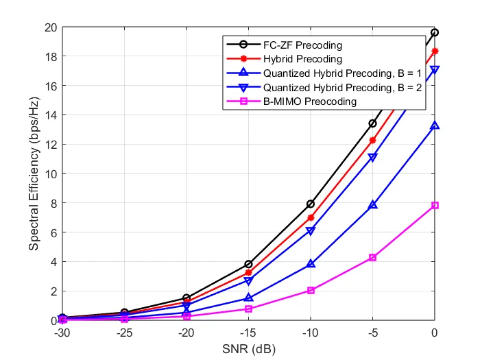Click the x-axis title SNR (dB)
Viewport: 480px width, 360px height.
pyautogui.click(x=248, y=348)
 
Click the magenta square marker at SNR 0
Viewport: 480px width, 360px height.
pyautogui.click(x=435, y=206)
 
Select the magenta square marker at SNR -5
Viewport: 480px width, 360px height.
pyautogui.click(x=372, y=257)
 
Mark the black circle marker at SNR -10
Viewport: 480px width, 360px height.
pyautogui.click(x=311, y=204)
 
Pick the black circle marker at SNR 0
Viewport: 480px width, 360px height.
pyautogui.click(x=435, y=32)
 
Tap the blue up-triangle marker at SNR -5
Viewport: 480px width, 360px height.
pyautogui.click(x=372, y=205)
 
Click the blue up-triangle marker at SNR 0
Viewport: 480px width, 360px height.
pyautogui.click(x=435, y=125)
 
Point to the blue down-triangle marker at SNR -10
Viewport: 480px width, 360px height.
pyautogui.click(x=311, y=231)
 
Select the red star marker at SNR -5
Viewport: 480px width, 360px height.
pyautogui.click(x=372, y=140)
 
